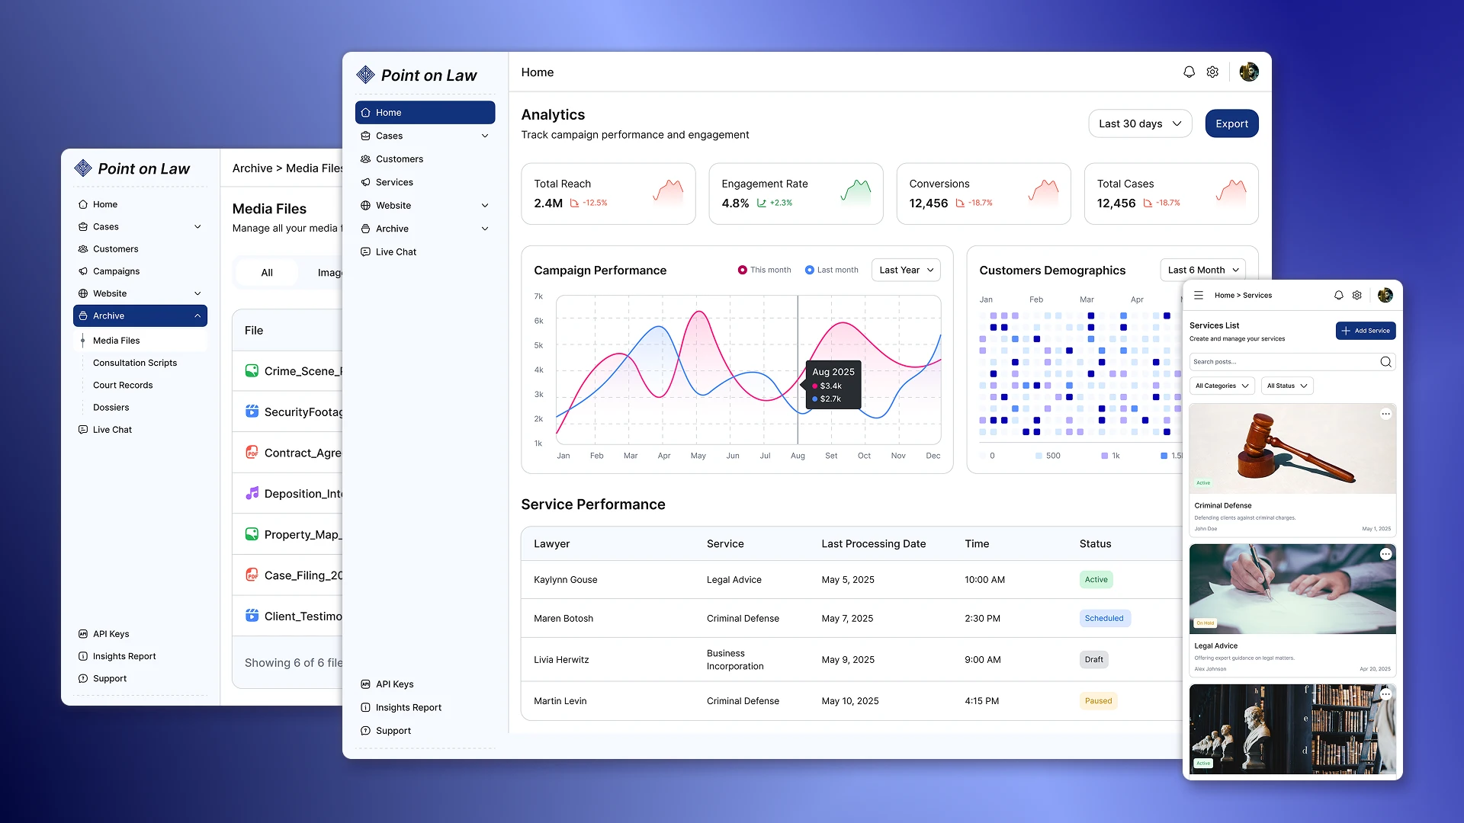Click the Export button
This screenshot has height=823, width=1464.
1231,123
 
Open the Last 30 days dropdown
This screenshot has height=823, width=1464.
1139,123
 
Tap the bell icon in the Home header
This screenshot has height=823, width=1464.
1189,72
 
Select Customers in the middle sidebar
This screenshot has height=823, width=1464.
399,159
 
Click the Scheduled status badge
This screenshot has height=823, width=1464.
1104,618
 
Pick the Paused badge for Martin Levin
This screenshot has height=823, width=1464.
1098,700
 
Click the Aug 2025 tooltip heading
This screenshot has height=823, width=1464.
833,372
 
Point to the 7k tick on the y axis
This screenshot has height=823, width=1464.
538,296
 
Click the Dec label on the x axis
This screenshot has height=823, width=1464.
933,456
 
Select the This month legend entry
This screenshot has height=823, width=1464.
765,270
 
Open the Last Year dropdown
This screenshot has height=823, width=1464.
905,270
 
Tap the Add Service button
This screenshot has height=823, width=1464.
1365,331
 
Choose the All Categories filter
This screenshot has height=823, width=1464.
1222,386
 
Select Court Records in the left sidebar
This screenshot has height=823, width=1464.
123,385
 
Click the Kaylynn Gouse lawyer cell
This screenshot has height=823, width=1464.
565,580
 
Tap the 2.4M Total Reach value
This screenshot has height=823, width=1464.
547,203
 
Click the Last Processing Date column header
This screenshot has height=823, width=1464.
873,543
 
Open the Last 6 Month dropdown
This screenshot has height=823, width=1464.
1202,270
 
